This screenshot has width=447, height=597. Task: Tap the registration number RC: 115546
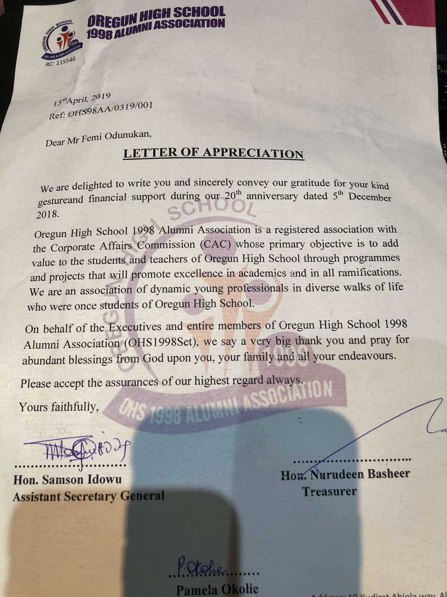click(60, 62)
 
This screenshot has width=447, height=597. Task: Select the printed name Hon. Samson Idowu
click(68, 480)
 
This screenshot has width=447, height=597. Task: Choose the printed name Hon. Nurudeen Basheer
click(345, 474)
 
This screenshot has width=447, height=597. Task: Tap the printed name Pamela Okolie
click(217, 589)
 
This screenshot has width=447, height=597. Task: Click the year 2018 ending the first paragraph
click(47, 214)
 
